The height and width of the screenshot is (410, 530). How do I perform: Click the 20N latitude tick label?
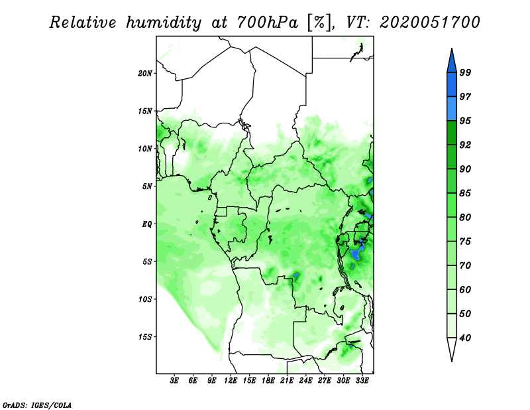[x=145, y=73]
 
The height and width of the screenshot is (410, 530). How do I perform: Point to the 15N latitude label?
[x=145, y=111]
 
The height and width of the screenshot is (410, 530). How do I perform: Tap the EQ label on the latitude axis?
[x=147, y=224]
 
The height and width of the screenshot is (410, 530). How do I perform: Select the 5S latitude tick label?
[x=147, y=261]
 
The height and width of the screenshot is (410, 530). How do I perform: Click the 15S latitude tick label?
[x=145, y=336]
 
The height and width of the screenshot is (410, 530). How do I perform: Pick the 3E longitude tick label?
[x=174, y=381]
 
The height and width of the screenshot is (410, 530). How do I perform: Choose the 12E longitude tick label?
[x=231, y=381]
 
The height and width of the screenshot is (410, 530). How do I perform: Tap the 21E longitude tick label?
[x=287, y=381]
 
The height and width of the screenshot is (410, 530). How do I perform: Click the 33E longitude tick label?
[x=362, y=381]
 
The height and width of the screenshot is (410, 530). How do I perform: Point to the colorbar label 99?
[x=465, y=72]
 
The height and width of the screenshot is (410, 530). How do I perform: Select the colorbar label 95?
[x=465, y=121]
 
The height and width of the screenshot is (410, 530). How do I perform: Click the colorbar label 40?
[x=465, y=338]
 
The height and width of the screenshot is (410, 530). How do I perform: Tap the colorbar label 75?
[x=465, y=241]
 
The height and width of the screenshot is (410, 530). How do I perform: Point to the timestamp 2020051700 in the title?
[x=430, y=23]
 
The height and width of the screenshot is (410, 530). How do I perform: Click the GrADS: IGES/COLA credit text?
[x=36, y=404]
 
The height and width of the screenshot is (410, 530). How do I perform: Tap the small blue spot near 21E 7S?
[x=296, y=275]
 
